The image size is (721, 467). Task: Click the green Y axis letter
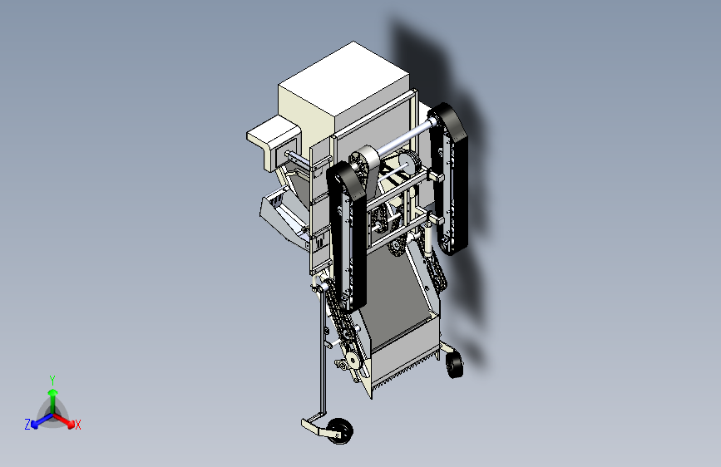click(52, 380)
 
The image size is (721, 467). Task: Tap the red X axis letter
click(77, 425)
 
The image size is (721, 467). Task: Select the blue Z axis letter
click(27, 425)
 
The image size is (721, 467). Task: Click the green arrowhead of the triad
click(53, 392)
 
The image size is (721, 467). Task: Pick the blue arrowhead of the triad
click(35, 424)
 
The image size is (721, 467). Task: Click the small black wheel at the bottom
click(341, 431)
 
